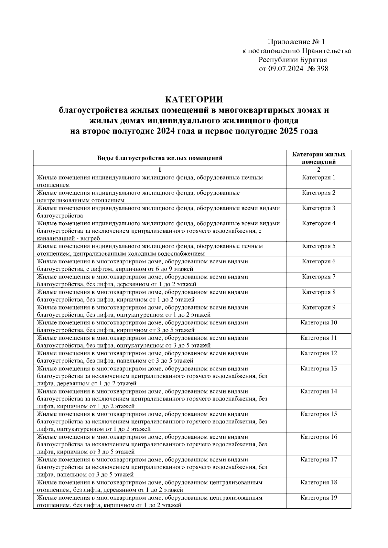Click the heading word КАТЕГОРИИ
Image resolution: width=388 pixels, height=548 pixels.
(x=194, y=99)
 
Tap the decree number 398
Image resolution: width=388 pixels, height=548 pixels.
(x=322, y=68)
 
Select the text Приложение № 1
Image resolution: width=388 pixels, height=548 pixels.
(x=295, y=42)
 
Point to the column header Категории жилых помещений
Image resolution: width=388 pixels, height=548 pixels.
(x=318, y=158)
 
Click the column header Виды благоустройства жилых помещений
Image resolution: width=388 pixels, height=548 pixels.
(x=160, y=158)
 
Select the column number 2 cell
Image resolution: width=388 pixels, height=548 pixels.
(x=318, y=170)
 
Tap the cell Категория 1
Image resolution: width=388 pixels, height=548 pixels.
(x=318, y=178)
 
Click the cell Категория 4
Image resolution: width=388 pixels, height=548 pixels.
(x=318, y=223)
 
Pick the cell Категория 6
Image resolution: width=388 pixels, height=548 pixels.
(x=318, y=261)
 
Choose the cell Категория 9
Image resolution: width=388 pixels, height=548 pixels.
(x=318, y=307)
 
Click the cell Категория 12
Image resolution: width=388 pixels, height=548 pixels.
(x=318, y=353)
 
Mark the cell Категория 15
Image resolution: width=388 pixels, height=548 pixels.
(x=318, y=414)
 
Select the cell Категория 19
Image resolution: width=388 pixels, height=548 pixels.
(x=318, y=498)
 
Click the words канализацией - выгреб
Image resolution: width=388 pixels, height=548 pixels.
(x=69, y=238)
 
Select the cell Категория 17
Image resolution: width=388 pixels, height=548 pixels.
(x=318, y=460)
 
